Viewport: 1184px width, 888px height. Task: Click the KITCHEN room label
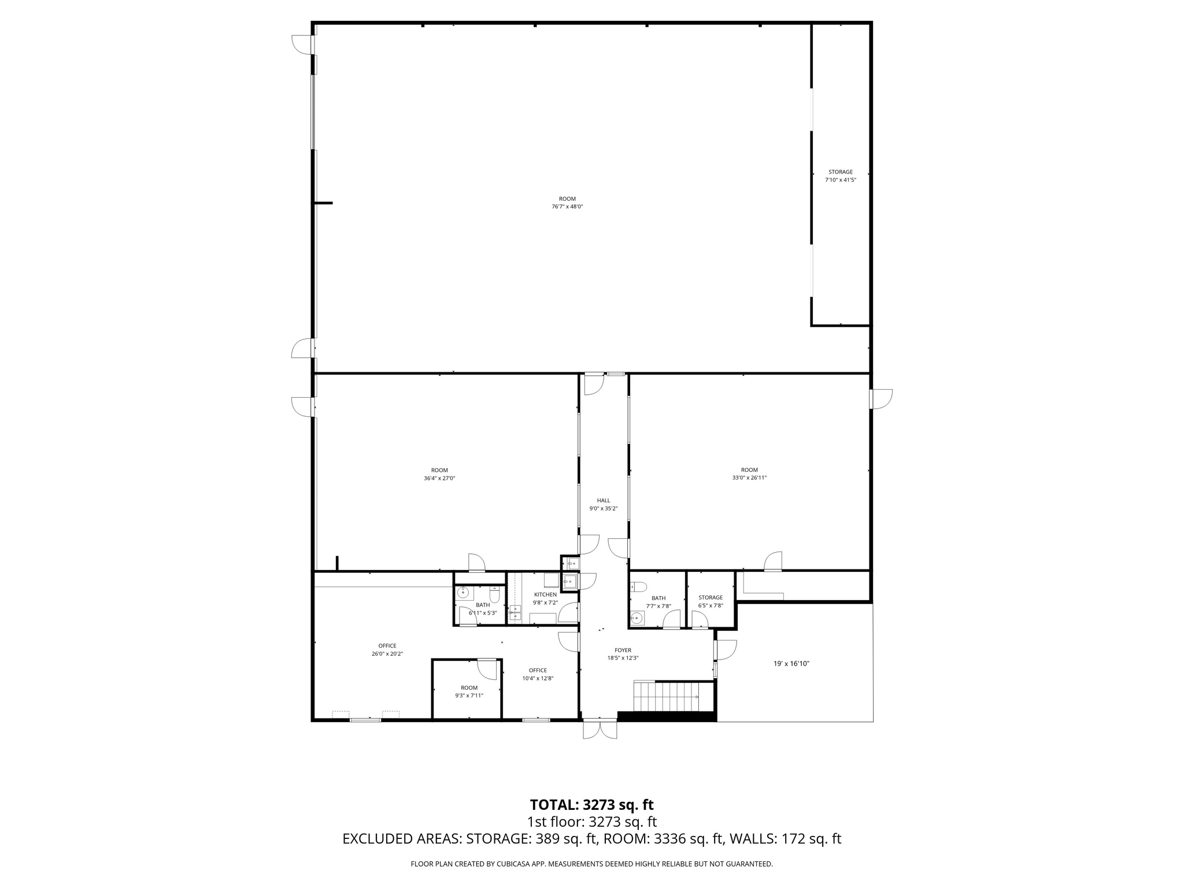[545, 594]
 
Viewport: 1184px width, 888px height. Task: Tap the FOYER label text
[623, 650]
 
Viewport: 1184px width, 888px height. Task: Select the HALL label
[604, 501]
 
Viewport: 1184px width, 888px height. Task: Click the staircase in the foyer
[666, 697]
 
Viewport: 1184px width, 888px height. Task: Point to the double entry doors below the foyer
[600, 729]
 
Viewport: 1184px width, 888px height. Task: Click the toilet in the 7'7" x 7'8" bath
[638, 587]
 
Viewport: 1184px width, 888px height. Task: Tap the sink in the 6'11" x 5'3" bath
[462, 591]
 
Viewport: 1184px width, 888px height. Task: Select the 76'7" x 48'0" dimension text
[567, 206]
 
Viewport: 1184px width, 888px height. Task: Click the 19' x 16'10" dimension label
[791, 664]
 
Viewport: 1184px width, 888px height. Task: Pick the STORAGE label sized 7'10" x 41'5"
[840, 172]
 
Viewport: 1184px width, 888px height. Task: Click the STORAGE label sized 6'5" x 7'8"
[710, 598]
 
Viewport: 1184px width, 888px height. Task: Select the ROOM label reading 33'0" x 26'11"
[749, 470]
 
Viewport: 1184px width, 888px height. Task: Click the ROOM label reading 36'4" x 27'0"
[439, 470]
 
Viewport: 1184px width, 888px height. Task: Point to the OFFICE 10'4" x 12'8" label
[538, 671]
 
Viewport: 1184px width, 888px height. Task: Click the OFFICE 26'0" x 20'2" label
[387, 646]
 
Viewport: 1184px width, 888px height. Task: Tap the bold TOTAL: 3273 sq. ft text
[591, 805]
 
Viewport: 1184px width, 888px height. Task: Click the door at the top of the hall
[594, 384]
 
